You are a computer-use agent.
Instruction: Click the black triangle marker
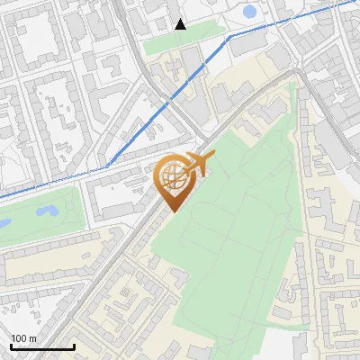click(180, 24)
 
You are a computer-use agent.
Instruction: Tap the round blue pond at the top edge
click(249, 12)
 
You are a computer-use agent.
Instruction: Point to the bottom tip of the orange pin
click(171, 211)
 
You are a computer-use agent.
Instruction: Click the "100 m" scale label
click(22, 338)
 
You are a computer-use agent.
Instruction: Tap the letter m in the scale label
click(31, 338)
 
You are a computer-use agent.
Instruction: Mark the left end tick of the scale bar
click(10, 346)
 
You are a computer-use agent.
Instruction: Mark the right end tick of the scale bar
click(74, 346)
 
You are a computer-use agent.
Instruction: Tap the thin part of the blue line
click(54, 180)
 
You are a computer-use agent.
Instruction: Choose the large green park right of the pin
click(234, 225)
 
